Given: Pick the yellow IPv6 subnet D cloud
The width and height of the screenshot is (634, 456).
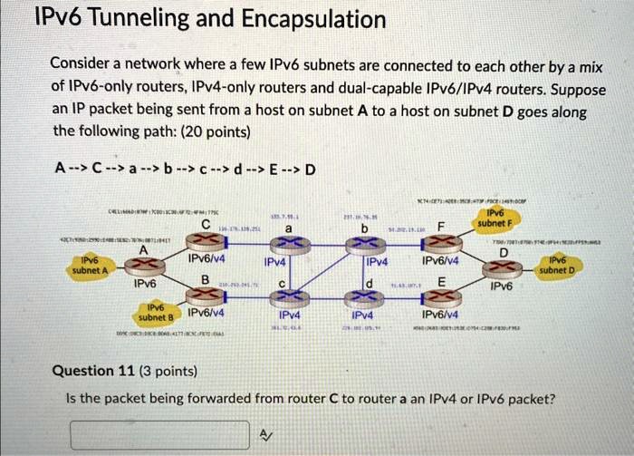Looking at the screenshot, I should [554, 265].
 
